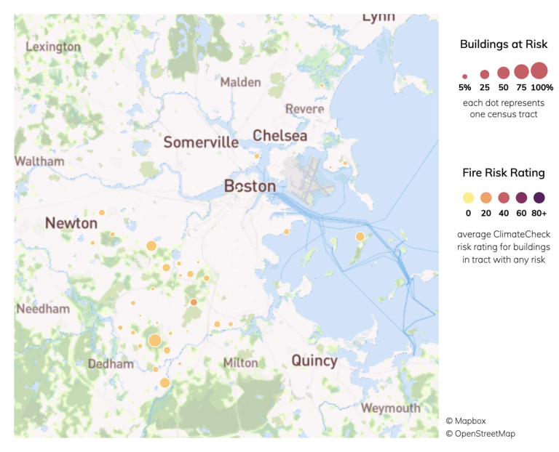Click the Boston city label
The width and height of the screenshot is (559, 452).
click(250, 187)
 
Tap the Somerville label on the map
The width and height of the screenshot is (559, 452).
click(201, 142)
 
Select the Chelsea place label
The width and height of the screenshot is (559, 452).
click(279, 136)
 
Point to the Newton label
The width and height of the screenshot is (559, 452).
click(71, 223)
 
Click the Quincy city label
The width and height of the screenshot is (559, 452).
click(314, 360)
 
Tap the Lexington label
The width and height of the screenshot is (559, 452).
click(53, 47)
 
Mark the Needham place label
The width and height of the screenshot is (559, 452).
click(43, 309)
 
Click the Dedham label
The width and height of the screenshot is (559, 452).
click(111, 364)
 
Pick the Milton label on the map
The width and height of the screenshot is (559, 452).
click(240, 363)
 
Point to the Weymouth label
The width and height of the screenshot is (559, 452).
click(391, 408)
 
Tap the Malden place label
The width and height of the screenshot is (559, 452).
click(240, 82)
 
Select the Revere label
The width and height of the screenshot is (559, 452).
click(304, 109)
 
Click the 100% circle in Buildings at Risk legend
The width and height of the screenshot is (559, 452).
click(539, 71)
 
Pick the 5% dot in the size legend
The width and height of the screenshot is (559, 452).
click(464, 76)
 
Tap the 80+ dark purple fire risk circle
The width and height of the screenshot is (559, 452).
click(539, 198)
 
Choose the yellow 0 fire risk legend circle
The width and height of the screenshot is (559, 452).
click(468, 198)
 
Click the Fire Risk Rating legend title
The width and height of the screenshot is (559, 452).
click(503, 173)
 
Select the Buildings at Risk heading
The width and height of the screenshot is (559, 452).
click(503, 44)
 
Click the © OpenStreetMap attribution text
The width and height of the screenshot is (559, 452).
click(480, 434)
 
